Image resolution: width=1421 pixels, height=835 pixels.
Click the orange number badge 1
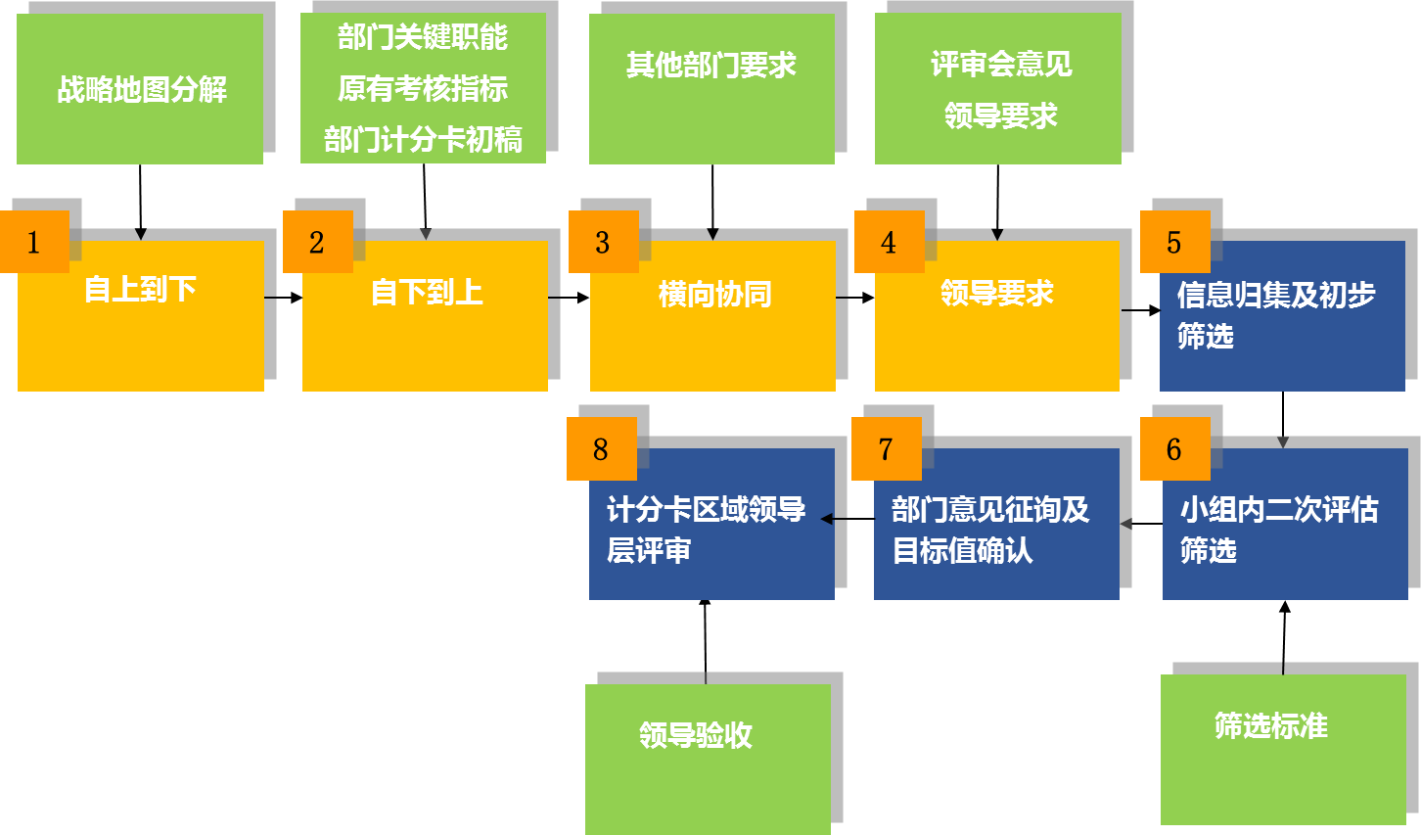pos(34,242)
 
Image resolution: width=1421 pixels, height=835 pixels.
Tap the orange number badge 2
pos(317,242)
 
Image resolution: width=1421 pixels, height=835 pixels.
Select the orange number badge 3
pos(603,242)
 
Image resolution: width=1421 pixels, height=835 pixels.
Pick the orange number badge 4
pos(889,242)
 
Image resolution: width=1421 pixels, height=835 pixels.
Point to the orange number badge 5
pos(1174,242)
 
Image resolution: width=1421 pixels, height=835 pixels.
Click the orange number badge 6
pos(1174,449)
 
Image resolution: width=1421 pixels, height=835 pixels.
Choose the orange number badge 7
pos(886,449)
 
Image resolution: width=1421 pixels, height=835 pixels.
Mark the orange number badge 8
pos(601,449)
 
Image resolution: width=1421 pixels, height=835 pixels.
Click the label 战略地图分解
pos(142,90)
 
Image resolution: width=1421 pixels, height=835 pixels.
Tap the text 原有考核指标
pos(423,89)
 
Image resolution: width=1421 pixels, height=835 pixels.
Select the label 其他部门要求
pos(711,66)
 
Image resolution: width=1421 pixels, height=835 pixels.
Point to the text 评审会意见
pos(1001,65)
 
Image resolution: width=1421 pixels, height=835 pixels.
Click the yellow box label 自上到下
pos(141,290)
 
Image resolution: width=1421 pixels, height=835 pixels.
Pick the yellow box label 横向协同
pos(715,294)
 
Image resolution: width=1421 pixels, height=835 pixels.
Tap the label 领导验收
pos(696,735)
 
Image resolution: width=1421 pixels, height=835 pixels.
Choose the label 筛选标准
pos(1271,726)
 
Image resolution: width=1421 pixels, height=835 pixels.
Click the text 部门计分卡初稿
pos(423,140)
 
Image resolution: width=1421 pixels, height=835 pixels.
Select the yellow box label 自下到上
pos(427,292)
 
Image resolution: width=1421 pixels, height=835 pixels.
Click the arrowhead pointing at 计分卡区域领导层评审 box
pos(827,519)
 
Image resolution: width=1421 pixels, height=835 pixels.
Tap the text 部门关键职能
pos(423,38)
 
